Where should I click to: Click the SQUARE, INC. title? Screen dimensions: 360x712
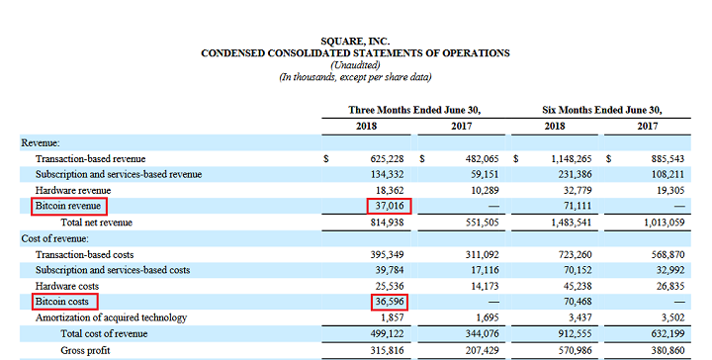pos(356,41)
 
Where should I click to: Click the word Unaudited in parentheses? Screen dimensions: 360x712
pos(356,64)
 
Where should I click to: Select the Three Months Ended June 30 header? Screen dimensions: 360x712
pos(420,109)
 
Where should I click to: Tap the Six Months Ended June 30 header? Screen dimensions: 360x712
pos(602,109)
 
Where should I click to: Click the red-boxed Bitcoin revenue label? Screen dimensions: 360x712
pos(69,206)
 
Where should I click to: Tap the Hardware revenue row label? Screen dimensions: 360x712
pos(74,190)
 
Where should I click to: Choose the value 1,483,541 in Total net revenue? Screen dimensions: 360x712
pos(565,223)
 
